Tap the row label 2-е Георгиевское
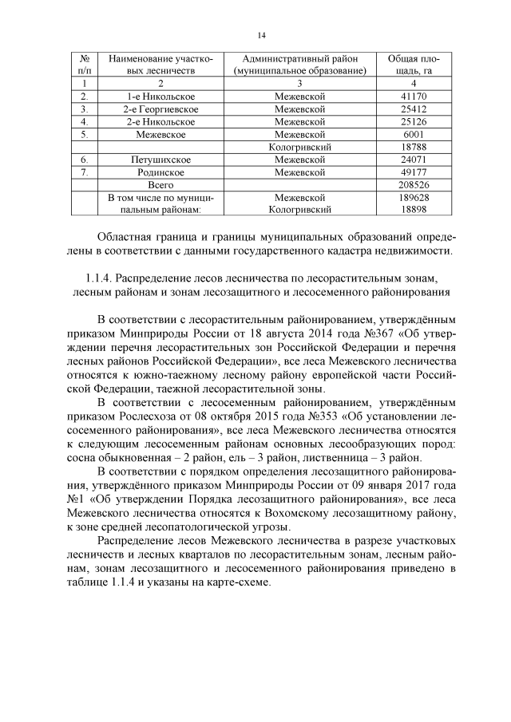coord(160,109)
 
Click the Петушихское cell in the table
coord(160,160)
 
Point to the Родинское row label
coord(160,172)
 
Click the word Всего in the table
coord(160,185)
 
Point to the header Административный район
coord(299,59)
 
